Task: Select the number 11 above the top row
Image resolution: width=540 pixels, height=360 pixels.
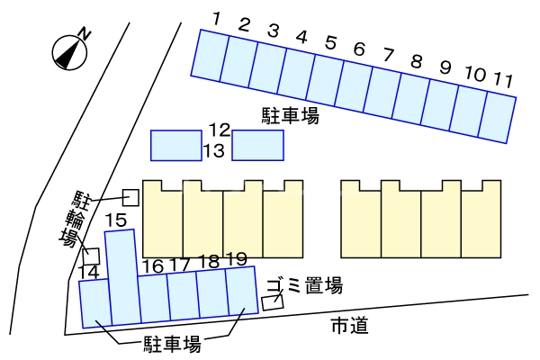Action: [x=503, y=79]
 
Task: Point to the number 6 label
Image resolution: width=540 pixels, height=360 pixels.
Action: [x=358, y=49]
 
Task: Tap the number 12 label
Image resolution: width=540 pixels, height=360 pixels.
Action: [x=220, y=130]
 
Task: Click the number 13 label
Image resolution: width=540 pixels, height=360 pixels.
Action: [x=214, y=150]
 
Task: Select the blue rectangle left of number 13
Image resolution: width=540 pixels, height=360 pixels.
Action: [x=175, y=145]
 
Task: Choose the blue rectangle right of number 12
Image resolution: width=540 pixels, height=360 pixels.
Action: [x=258, y=145]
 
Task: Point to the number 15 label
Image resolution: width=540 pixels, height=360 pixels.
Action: [x=115, y=220]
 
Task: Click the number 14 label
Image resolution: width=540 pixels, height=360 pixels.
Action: [x=88, y=271]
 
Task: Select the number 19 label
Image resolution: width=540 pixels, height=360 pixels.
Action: [x=237, y=259]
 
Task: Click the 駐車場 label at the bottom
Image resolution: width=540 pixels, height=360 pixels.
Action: [x=172, y=344]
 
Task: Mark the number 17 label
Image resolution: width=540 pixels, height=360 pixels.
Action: [x=180, y=265]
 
